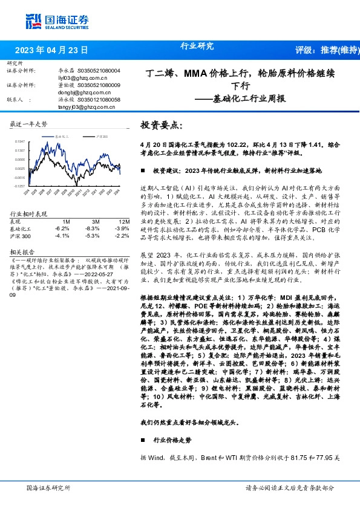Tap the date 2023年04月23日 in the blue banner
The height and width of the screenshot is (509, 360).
click(x=51, y=50)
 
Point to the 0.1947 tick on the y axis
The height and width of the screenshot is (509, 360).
click(x=19, y=142)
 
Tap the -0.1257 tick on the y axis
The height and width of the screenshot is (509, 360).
click(x=19, y=187)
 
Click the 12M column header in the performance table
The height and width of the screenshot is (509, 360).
click(x=123, y=221)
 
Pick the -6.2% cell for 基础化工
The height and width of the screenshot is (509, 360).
click(x=62, y=229)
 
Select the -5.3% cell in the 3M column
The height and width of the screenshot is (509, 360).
click(x=92, y=235)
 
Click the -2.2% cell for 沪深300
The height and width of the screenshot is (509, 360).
click(x=122, y=235)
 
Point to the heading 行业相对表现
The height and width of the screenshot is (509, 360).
click(x=29, y=214)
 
